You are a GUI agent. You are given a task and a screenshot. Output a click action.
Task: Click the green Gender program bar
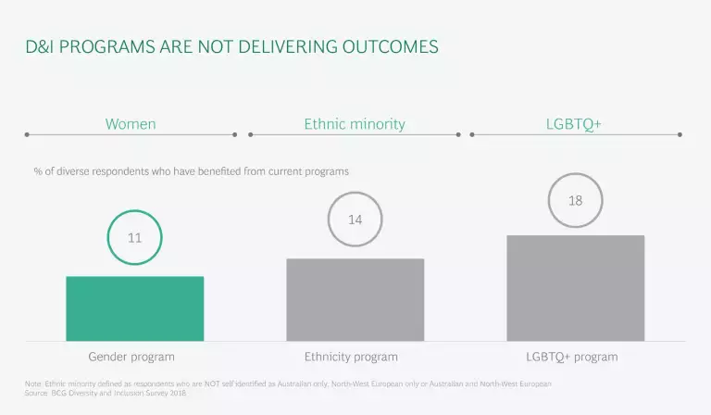[x=134, y=308]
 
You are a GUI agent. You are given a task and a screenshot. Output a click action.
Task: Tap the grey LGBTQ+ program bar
[x=575, y=288]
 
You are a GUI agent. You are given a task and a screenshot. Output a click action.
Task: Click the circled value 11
[x=134, y=238]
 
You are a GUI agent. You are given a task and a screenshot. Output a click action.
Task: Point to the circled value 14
[x=355, y=220]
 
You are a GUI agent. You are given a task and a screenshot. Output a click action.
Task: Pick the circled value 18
[x=575, y=200]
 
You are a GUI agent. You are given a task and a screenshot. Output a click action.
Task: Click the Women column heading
[x=131, y=123]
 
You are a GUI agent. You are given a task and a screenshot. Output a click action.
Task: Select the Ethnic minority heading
[x=355, y=123]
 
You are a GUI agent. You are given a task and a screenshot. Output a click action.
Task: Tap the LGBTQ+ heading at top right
[x=575, y=123]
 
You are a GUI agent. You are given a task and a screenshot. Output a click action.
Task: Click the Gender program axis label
[x=131, y=357]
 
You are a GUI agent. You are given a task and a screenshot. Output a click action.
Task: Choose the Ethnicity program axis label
[x=351, y=357]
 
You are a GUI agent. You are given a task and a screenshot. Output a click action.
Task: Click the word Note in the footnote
[x=33, y=384]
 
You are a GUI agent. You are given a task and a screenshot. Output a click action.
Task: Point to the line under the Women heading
[x=131, y=134]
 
